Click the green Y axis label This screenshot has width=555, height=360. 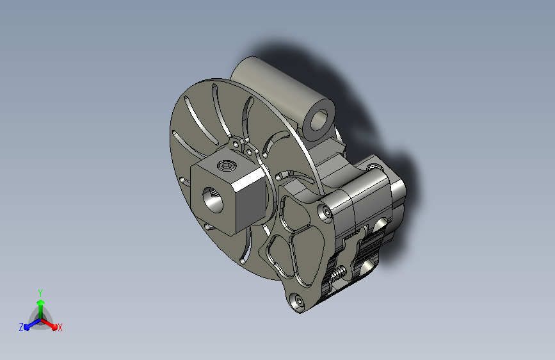40,293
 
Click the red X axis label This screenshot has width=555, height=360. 60,327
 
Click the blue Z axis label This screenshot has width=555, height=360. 21,327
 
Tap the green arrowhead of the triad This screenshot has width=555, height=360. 41,303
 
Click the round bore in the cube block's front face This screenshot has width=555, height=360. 213,200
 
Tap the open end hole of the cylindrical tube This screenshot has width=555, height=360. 320,120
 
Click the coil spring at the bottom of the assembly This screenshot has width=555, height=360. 339,273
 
